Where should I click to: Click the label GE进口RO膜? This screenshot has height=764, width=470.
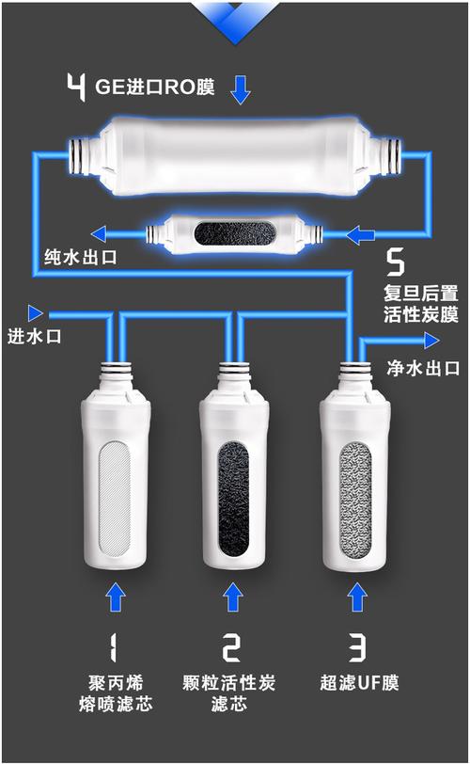tap(155, 88)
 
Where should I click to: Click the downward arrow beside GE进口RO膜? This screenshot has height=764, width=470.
tap(242, 89)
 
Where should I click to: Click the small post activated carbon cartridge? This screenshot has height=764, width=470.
tap(235, 231)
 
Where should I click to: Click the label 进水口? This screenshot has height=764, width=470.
tap(35, 336)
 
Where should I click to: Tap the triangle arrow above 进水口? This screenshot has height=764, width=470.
tap(36, 311)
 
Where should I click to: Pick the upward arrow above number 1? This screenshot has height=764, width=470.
tap(116, 597)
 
